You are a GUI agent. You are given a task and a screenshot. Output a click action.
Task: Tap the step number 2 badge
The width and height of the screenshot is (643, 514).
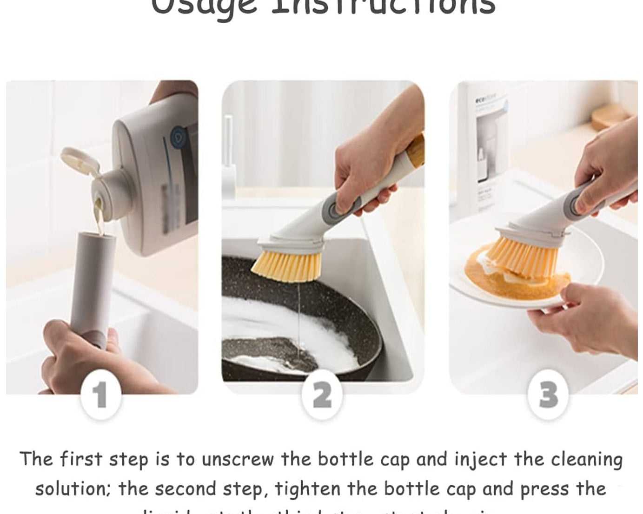(x=322, y=395)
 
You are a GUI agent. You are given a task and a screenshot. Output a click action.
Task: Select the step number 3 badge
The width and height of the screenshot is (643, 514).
(x=548, y=395)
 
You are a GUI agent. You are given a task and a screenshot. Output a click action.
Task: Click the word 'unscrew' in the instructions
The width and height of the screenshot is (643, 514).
(x=238, y=460)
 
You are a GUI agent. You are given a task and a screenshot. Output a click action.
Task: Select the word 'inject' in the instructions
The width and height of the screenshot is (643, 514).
(x=480, y=460)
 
